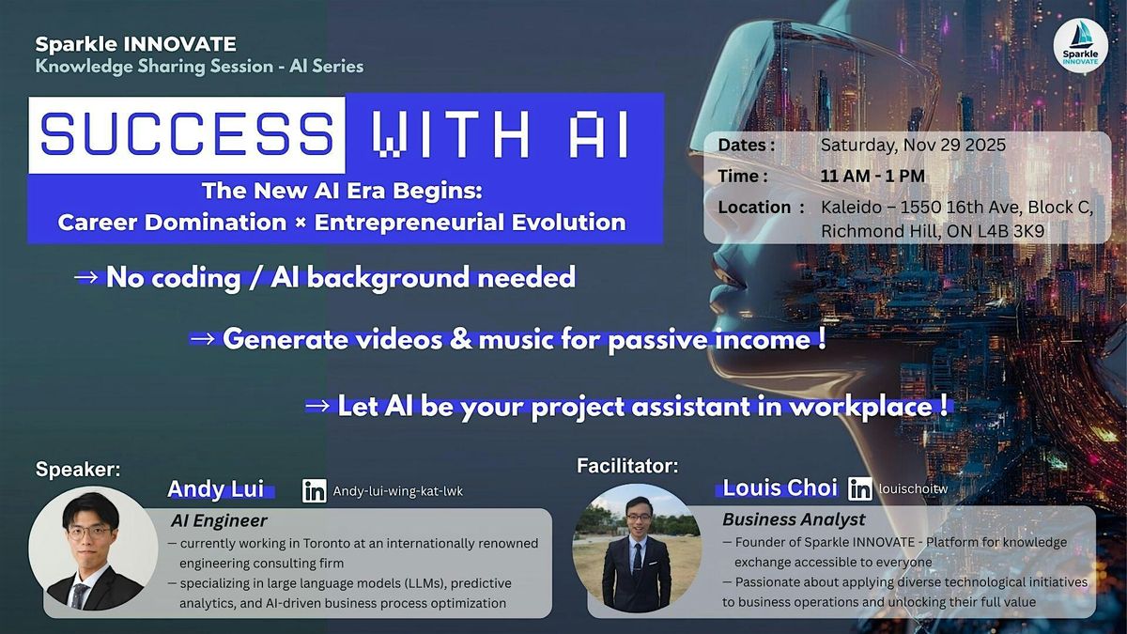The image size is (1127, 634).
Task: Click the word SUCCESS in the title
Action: point(187,134)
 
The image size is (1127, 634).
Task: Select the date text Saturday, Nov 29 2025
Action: point(913,146)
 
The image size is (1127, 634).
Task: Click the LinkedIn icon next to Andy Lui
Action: point(315,490)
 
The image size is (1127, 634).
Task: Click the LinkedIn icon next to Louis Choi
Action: point(859,488)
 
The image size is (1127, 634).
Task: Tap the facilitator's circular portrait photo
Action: point(637,549)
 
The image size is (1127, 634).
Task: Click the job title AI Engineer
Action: point(219,520)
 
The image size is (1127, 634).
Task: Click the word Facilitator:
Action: point(627,464)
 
